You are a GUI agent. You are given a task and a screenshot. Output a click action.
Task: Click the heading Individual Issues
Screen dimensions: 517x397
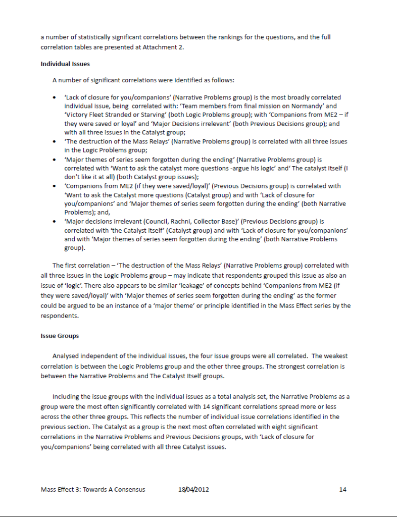(x=65, y=64)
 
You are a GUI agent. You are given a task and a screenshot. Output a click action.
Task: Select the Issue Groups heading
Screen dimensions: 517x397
(x=60, y=335)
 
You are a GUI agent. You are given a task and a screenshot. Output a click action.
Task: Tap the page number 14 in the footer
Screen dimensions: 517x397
(x=343, y=489)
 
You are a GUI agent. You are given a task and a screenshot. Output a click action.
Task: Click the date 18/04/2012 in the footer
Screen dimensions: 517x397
(x=193, y=489)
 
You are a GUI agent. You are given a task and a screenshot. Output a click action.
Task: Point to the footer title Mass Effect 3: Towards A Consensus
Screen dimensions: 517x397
(x=93, y=489)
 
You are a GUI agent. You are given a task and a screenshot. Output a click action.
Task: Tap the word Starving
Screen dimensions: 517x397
(x=146, y=115)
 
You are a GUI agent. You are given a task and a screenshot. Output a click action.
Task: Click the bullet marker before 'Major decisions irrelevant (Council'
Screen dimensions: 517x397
(x=54, y=221)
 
